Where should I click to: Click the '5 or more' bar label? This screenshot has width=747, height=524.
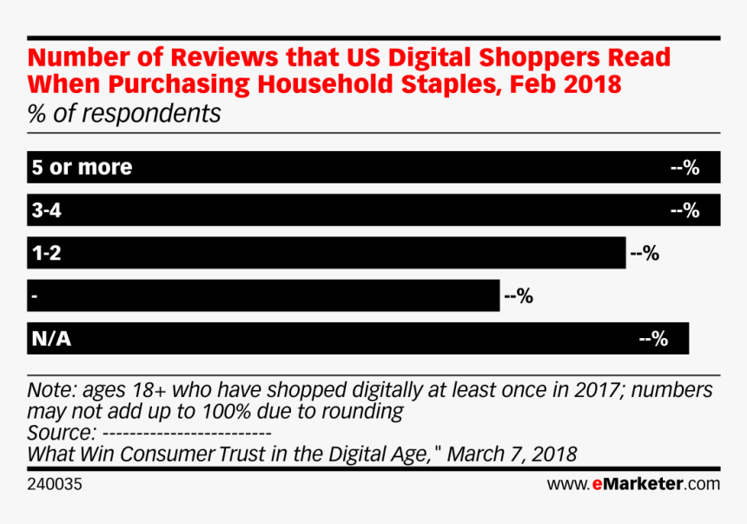pos(82,168)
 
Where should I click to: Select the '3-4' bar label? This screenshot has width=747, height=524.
pos(48,210)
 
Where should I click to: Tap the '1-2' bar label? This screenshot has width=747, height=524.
pos(47,253)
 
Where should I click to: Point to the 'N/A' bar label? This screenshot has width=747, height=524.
pos(50,339)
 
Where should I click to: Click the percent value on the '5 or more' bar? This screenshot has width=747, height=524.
pos(684,168)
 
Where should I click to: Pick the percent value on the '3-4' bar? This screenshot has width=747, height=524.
pos(684,210)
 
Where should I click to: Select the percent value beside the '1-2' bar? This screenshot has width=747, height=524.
pos(645,254)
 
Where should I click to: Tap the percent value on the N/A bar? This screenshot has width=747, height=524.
pos(653,339)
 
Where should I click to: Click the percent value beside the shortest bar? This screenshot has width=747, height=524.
pos(518,296)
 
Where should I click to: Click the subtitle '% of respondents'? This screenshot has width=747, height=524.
pos(124,114)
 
